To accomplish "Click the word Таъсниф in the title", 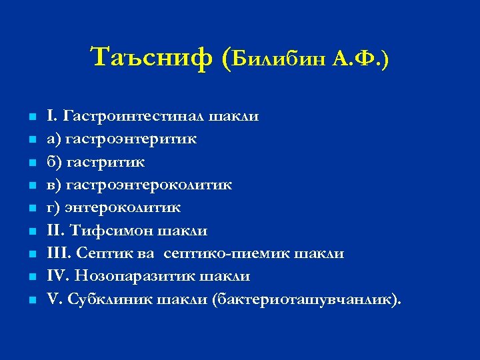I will [x=150, y=58].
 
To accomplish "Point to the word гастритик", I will [x=105, y=162].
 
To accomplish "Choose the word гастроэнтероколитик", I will [x=148, y=185].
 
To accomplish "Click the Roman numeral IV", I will [x=57, y=276].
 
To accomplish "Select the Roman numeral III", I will [x=58, y=253].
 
